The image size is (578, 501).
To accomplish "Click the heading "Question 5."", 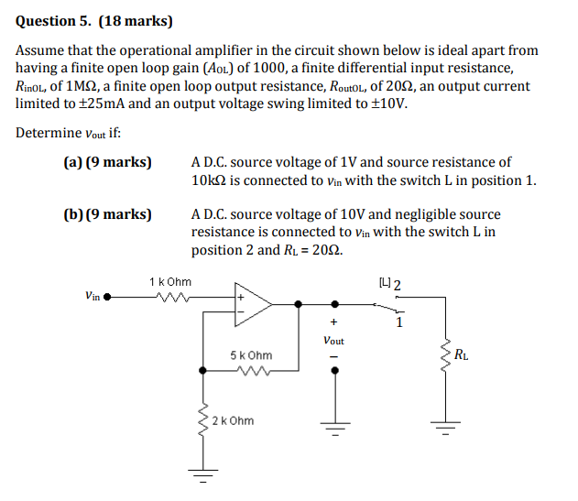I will (x=54, y=19).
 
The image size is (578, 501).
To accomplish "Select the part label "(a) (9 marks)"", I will (x=107, y=162).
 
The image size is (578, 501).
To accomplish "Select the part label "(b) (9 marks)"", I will (x=107, y=214).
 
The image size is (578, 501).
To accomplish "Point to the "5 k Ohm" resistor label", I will (x=251, y=354).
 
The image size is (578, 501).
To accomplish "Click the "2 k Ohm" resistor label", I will (x=233, y=421).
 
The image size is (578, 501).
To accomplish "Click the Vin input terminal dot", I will (x=108, y=297).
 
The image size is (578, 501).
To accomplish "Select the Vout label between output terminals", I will (x=333, y=340).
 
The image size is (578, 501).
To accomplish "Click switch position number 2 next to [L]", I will (x=397, y=282).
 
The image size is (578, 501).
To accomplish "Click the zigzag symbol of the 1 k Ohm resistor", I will (x=170, y=297).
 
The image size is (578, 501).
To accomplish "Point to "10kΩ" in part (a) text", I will (x=212, y=180).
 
